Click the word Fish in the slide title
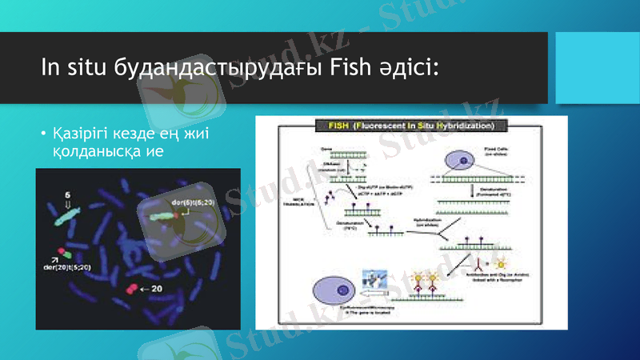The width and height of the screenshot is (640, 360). click(x=348, y=68)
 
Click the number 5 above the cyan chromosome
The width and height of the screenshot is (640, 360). click(x=66, y=195)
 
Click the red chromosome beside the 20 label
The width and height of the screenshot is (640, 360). click(x=129, y=288)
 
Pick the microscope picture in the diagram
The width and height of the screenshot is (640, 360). click(x=375, y=279)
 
